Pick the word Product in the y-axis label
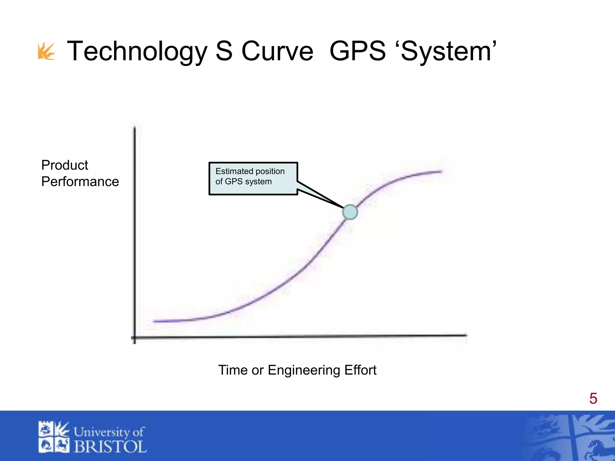point(65,165)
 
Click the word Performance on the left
point(80,182)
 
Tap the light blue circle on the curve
point(350,212)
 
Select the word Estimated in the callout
point(232,171)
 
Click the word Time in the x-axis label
point(233,370)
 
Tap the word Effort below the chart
point(360,370)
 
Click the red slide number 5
point(593,399)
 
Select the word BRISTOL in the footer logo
point(110,447)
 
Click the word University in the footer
point(101,432)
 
